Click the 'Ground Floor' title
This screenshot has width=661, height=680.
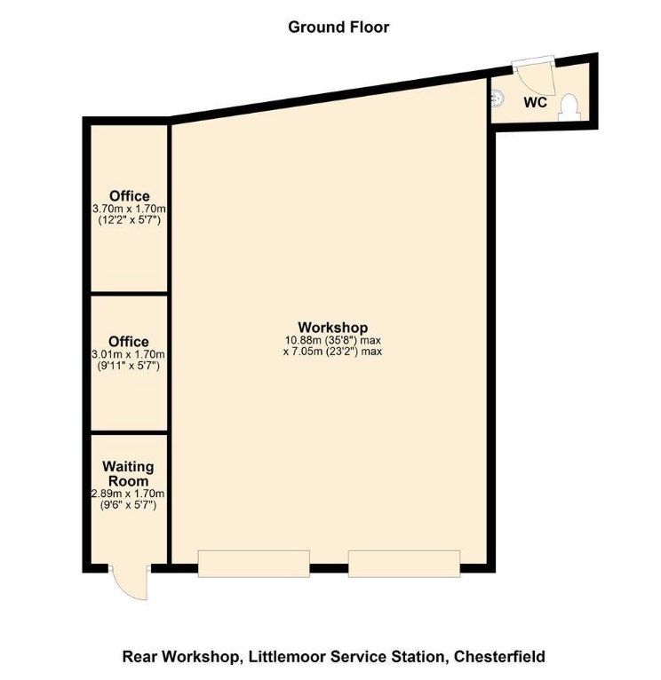(338, 27)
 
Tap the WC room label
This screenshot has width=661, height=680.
(534, 103)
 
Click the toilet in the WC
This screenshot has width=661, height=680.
(569, 107)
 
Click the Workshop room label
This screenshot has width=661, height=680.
(332, 328)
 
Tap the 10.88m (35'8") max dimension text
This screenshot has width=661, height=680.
(332, 340)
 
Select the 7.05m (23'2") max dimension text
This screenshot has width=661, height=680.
(332, 352)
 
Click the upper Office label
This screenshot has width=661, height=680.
(129, 196)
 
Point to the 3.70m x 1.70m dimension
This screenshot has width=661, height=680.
(129, 209)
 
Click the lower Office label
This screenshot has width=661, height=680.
(129, 342)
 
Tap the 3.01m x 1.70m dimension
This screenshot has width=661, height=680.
(129, 354)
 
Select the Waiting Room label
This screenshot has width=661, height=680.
(129, 474)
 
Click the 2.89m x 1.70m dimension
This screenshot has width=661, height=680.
(129, 494)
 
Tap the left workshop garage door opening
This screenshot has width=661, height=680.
(253, 564)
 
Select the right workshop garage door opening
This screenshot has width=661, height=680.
(404, 564)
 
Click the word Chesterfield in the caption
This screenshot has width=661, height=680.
(498, 657)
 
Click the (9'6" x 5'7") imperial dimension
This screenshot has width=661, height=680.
(129, 505)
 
